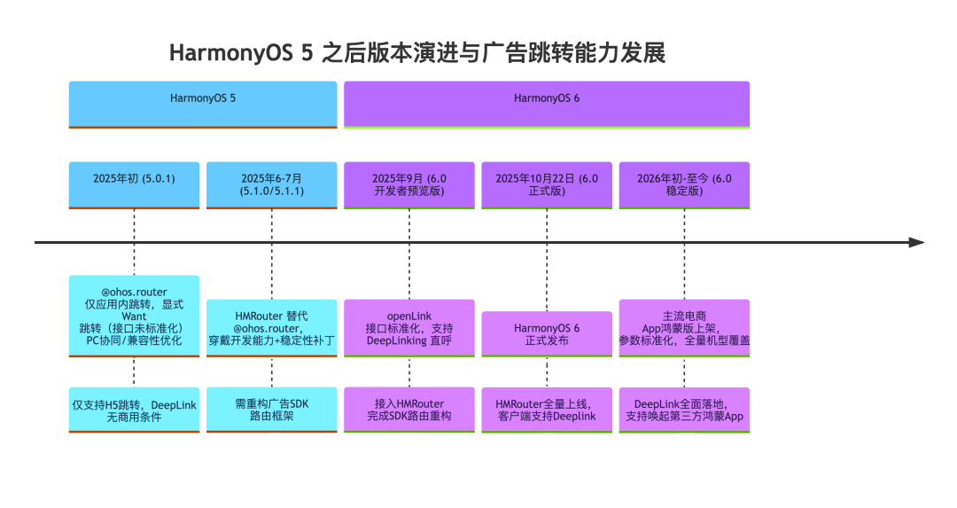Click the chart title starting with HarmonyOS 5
point(416,53)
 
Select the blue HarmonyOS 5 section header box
point(203,105)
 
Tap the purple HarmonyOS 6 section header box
point(547,105)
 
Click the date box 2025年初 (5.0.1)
point(135,185)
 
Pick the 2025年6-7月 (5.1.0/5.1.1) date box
point(272,185)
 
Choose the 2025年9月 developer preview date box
point(409,185)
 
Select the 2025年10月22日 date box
point(547,185)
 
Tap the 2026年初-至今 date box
point(684,185)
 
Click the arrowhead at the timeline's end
point(917,242)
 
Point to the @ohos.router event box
point(135,317)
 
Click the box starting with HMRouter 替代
point(272,328)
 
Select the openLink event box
point(409,328)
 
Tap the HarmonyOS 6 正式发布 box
point(547,334)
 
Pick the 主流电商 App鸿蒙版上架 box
point(684,328)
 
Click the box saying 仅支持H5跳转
point(135,410)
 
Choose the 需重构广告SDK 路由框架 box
point(272,410)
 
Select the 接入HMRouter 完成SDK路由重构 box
point(409,410)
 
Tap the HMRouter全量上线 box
point(547,410)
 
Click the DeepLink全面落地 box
point(684,410)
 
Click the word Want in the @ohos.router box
point(135,317)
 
